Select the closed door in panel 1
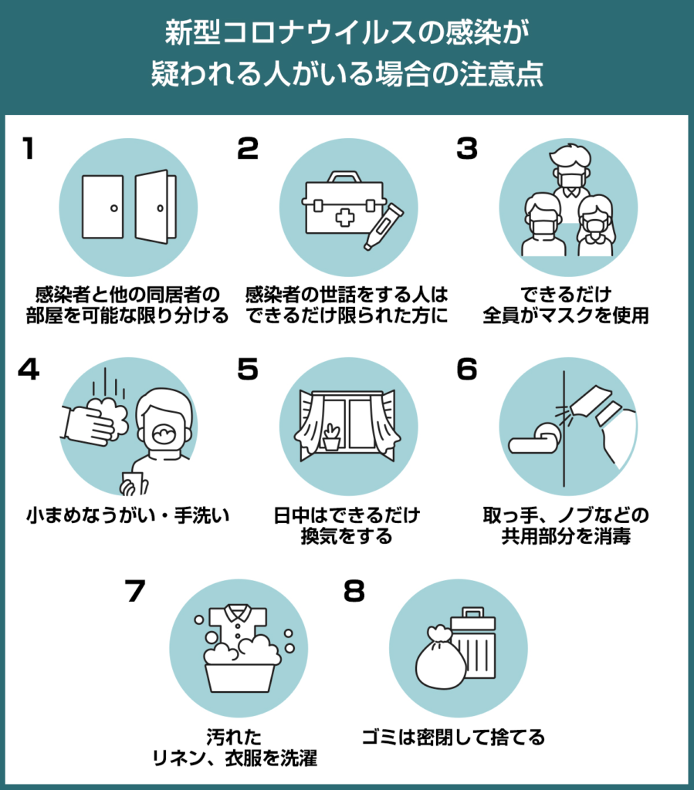[102, 207]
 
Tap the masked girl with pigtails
[594, 226]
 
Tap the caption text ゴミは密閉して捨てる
[454, 738]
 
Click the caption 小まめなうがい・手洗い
[127, 515]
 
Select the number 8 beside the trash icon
[355, 592]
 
